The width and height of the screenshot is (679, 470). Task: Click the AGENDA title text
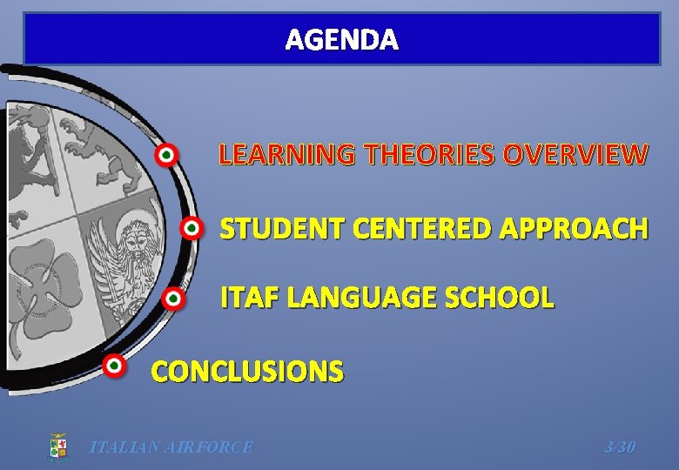tap(342, 40)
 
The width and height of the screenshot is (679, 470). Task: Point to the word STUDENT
tap(271, 229)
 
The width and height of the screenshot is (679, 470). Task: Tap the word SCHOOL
tap(500, 299)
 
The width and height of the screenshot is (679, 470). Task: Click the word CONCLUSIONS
tap(247, 373)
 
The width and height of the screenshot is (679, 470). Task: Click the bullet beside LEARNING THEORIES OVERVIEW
tap(165, 156)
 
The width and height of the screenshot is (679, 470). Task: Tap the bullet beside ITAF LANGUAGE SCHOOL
tap(173, 299)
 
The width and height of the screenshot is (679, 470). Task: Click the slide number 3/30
tap(620, 447)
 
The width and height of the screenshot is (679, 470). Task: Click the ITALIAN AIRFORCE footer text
tap(171, 447)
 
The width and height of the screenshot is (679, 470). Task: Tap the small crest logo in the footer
tap(58, 446)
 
